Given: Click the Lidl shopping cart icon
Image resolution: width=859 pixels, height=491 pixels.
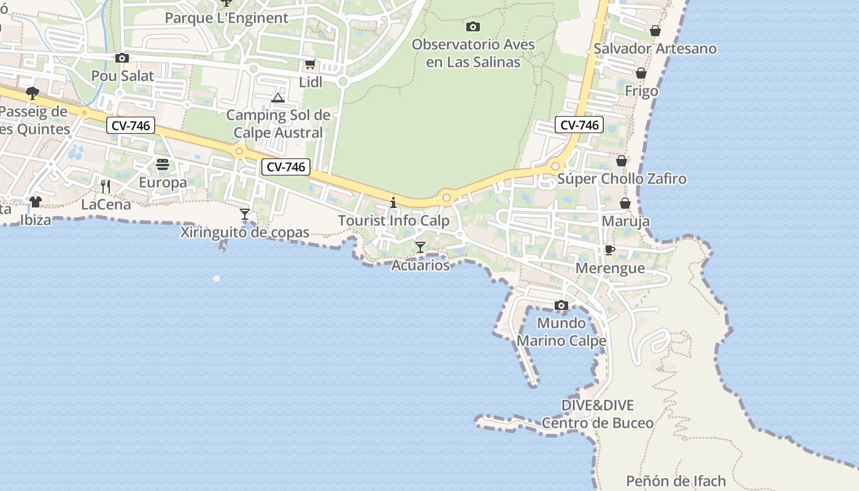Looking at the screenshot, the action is tap(310, 64).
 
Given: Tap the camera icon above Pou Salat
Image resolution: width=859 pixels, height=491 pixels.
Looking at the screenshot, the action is tap(122, 58).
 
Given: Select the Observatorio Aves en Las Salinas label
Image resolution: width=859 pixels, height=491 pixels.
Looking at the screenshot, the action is tap(473, 53).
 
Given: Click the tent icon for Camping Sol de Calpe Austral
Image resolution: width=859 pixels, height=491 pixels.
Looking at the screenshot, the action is tap(278, 98).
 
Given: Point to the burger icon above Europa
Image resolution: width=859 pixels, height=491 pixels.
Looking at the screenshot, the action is tap(163, 164).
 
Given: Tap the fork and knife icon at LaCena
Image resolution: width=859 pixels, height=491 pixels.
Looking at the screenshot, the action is tap(106, 186).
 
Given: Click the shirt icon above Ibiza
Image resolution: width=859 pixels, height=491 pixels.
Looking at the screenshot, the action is tap(35, 201).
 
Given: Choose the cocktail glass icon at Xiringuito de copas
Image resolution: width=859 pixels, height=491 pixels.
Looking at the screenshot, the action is tap(245, 214).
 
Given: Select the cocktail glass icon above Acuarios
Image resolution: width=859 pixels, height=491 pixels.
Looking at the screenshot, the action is tap(420, 247).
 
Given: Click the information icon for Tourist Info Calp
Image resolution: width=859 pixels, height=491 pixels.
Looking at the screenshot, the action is tap(393, 203).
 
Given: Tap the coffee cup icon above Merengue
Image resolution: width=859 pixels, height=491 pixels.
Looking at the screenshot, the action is tap(609, 250).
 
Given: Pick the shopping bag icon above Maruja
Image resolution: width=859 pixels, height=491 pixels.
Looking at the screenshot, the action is tap(625, 203).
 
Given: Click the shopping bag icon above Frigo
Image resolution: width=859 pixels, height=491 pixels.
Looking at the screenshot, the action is tap(641, 73).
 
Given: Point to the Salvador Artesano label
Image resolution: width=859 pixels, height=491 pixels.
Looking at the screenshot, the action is tap(655, 48).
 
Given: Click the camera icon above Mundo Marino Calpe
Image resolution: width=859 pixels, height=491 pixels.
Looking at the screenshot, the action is tap(561, 305).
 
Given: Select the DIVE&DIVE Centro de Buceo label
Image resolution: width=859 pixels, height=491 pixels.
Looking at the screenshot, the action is tap(598, 414).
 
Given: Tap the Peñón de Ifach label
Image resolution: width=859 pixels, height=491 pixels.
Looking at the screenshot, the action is tap(676, 481).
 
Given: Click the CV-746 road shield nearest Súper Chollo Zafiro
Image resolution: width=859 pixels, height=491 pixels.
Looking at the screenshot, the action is tap(579, 125).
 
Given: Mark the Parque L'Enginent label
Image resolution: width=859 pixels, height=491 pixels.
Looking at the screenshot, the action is tap(226, 18).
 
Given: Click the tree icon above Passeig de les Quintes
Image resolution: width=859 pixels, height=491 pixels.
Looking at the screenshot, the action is tap(33, 93).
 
